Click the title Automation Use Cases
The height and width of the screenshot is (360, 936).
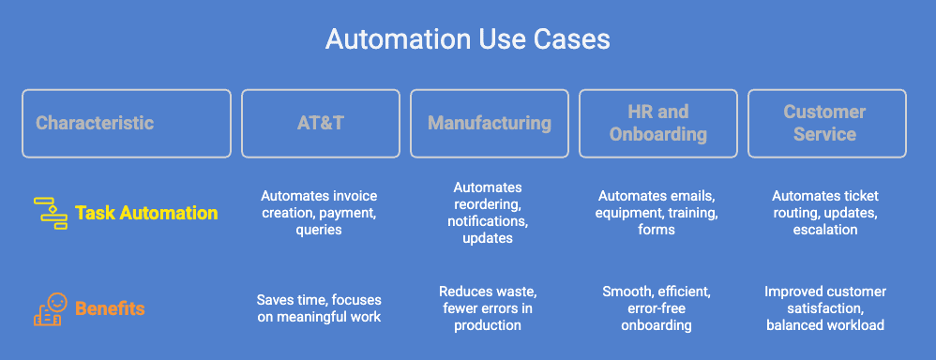click(467, 39)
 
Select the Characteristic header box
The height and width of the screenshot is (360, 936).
click(126, 123)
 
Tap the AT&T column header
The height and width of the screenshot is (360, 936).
click(320, 123)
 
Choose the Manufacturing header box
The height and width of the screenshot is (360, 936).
click(489, 123)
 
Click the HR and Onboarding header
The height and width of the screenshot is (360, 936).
click(657, 123)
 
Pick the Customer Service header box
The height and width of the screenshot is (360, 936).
click(825, 123)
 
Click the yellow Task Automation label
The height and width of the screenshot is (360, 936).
click(146, 213)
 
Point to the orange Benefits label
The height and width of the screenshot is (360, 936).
click(110, 307)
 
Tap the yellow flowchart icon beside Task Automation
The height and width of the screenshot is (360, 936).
click(49, 212)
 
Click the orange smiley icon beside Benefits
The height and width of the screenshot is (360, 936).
click(51, 307)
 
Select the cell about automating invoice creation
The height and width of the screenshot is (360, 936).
click(319, 213)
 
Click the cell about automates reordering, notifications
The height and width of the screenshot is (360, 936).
click(488, 213)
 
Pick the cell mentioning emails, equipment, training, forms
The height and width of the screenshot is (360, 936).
click(657, 213)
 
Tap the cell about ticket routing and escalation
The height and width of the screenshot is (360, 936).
click(825, 213)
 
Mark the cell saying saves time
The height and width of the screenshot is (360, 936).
click(319, 307)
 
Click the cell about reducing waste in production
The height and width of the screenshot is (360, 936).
click(488, 307)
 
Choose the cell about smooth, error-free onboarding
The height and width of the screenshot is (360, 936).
click(657, 307)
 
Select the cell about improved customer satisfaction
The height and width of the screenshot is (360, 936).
click(825, 307)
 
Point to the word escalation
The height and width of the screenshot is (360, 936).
click(825, 229)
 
